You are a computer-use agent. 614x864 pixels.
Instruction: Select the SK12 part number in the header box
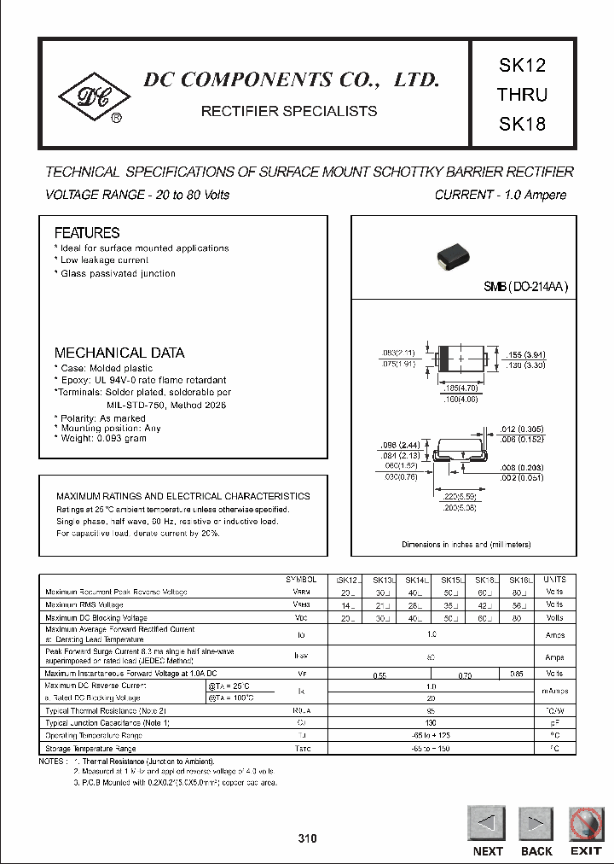[x=522, y=66]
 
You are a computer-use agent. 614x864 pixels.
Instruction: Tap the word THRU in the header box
[x=522, y=95]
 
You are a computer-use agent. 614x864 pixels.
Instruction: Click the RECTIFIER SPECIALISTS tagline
[x=288, y=111]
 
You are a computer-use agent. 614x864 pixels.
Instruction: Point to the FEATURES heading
[x=87, y=232]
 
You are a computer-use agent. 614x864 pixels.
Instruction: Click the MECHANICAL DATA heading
[x=119, y=352]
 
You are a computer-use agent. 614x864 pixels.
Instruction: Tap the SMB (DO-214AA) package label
[x=525, y=288]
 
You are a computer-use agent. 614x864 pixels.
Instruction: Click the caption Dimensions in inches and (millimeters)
[x=466, y=544]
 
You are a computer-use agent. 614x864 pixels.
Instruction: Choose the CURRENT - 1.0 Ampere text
[x=500, y=195]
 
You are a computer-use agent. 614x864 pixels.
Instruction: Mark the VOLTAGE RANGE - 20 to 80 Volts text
[x=137, y=195]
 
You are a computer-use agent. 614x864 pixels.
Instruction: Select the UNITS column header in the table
[x=554, y=579]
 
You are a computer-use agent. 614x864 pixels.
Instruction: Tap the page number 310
[x=307, y=839]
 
